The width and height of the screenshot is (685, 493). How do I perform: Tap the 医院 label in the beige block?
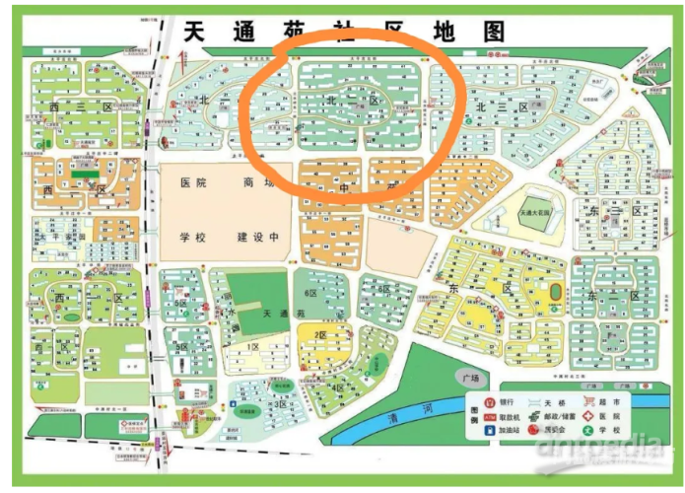(x=194, y=182)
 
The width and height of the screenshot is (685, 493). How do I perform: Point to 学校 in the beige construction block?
(x=194, y=238)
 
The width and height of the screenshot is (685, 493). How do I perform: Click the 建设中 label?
(x=258, y=238)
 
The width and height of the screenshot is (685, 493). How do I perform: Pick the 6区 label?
(x=311, y=293)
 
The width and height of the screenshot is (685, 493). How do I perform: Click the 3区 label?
(x=281, y=404)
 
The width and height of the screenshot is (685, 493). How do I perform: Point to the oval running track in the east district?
(x=558, y=293)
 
